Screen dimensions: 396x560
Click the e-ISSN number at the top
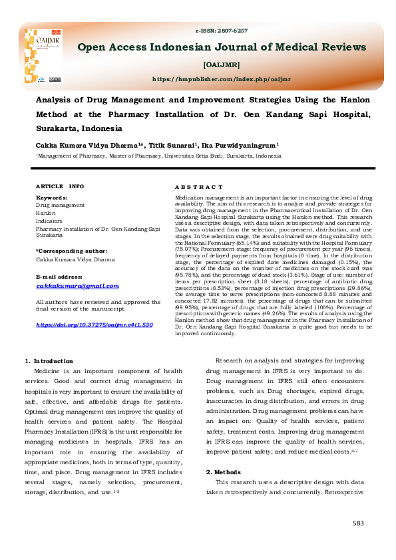(x=222, y=31)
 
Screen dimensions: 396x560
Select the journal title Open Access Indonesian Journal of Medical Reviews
(x=222, y=47)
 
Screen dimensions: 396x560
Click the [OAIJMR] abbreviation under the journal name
(x=222, y=65)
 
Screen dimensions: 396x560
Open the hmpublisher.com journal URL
(x=222, y=78)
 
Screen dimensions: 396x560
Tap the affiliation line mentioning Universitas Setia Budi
(x=158, y=156)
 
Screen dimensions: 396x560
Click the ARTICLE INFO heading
(x=59, y=186)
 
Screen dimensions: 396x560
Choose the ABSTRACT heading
(x=198, y=188)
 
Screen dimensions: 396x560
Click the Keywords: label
(x=51, y=198)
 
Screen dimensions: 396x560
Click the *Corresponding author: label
(x=67, y=250)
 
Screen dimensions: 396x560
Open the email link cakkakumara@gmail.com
(x=77, y=286)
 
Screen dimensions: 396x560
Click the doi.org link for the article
(x=94, y=325)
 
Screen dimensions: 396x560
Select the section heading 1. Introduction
(x=49, y=362)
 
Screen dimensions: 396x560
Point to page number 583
(x=359, y=524)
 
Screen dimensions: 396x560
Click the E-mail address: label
(x=60, y=275)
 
